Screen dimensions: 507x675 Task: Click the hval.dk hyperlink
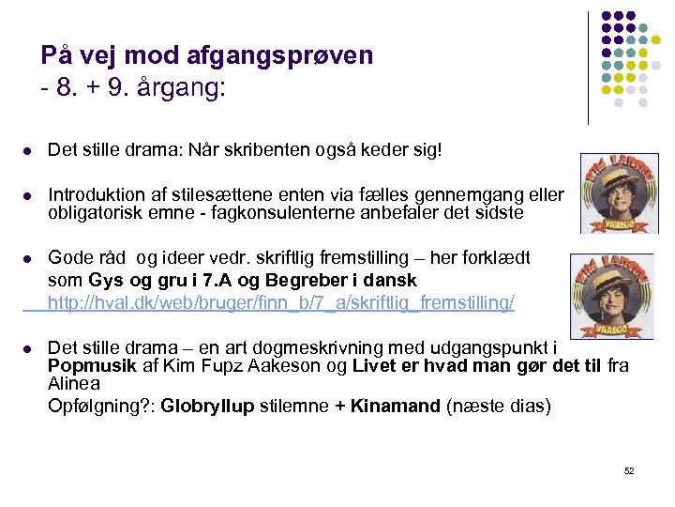click(x=280, y=302)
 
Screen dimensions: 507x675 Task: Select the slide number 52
click(x=628, y=470)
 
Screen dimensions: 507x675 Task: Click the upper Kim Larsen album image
click(x=619, y=192)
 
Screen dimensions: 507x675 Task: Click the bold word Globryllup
click(x=207, y=406)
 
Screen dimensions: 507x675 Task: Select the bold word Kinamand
click(x=395, y=406)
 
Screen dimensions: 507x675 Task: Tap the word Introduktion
click(x=97, y=195)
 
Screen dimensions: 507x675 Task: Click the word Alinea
click(x=74, y=384)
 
